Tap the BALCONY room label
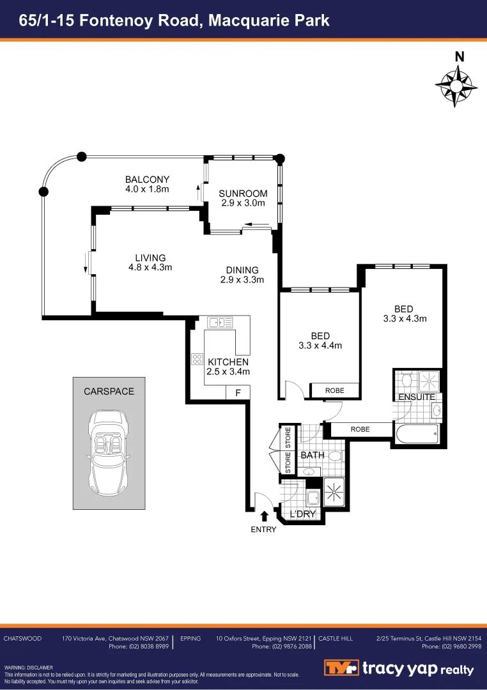pyautogui.click(x=147, y=179)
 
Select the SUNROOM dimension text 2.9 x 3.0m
pyautogui.click(x=243, y=203)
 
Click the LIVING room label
pyautogui.click(x=150, y=257)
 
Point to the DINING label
pyautogui.click(x=242, y=270)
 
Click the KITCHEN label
pyautogui.click(x=228, y=362)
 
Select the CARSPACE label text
pyautogui.click(x=109, y=391)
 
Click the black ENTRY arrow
pyautogui.click(x=264, y=516)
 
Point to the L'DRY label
pyautogui.click(x=303, y=514)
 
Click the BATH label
pyautogui.click(x=313, y=456)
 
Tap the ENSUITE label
pyautogui.click(x=417, y=397)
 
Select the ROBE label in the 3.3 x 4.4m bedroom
pyautogui.click(x=334, y=390)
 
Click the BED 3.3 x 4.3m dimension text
pyautogui.click(x=405, y=318)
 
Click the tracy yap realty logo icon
pyautogui.click(x=340, y=668)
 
